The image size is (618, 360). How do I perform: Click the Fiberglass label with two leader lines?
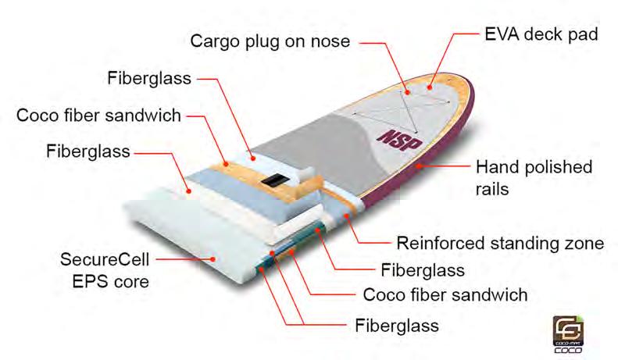click(x=396, y=322)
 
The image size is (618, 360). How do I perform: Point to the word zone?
click(x=585, y=243)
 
